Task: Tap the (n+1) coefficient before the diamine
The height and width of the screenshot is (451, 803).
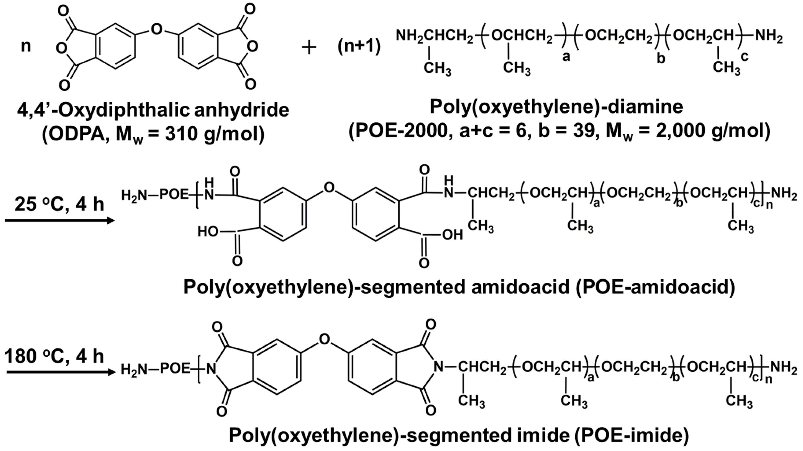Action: [x=359, y=47]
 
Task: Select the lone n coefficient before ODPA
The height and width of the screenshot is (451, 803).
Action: [x=26, y=46]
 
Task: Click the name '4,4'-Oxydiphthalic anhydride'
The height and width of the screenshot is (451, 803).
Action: [x=153, y=110]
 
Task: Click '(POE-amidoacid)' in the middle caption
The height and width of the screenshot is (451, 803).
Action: [x=655, y=287]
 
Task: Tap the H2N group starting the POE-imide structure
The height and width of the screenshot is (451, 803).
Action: [x=134, y=370]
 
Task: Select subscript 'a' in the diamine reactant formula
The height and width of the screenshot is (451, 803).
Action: [x=566, y=57]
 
